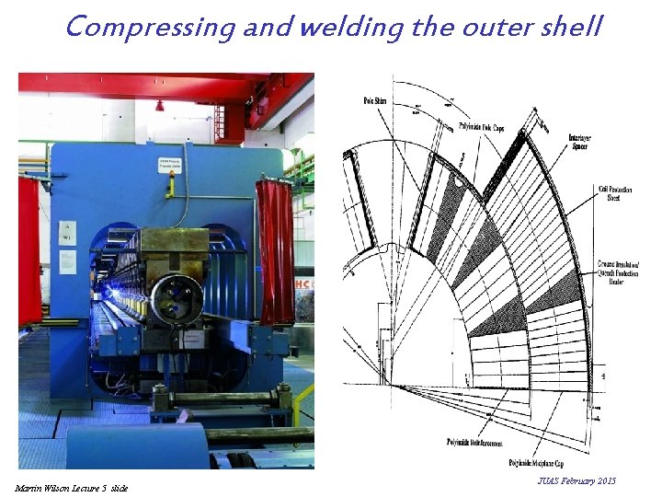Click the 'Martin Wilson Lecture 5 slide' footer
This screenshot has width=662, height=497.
point(72,487)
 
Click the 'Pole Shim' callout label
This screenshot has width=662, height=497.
point(376,99)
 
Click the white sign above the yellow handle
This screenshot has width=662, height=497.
point(171,167)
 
